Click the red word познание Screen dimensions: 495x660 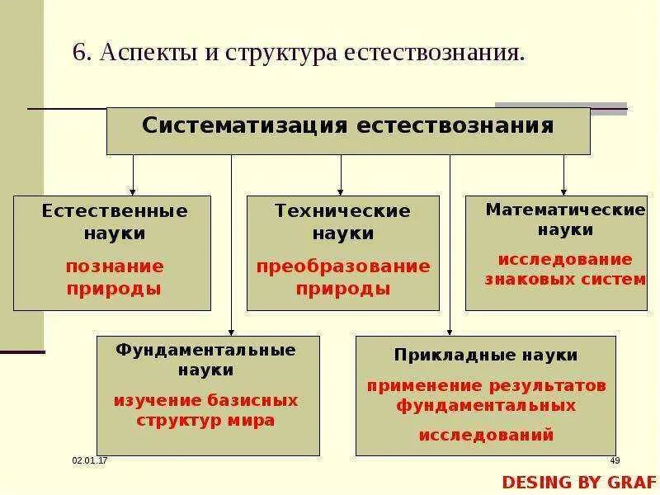[115, 266]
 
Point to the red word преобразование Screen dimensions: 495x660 [342, 266]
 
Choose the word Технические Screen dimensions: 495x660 [342, 211]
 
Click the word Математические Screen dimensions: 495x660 [565, 210]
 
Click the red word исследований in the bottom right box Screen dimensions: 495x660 [486, 435]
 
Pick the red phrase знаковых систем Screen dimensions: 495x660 [565, 279]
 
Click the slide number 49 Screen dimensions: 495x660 [615, 460]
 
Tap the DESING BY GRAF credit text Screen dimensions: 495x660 [579, 482]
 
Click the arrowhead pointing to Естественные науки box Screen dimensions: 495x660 [133, 191]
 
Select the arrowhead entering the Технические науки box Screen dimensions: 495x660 [341, 191]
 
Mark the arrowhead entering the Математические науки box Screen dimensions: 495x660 [564, 191]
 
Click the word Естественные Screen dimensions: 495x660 [115, 211]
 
